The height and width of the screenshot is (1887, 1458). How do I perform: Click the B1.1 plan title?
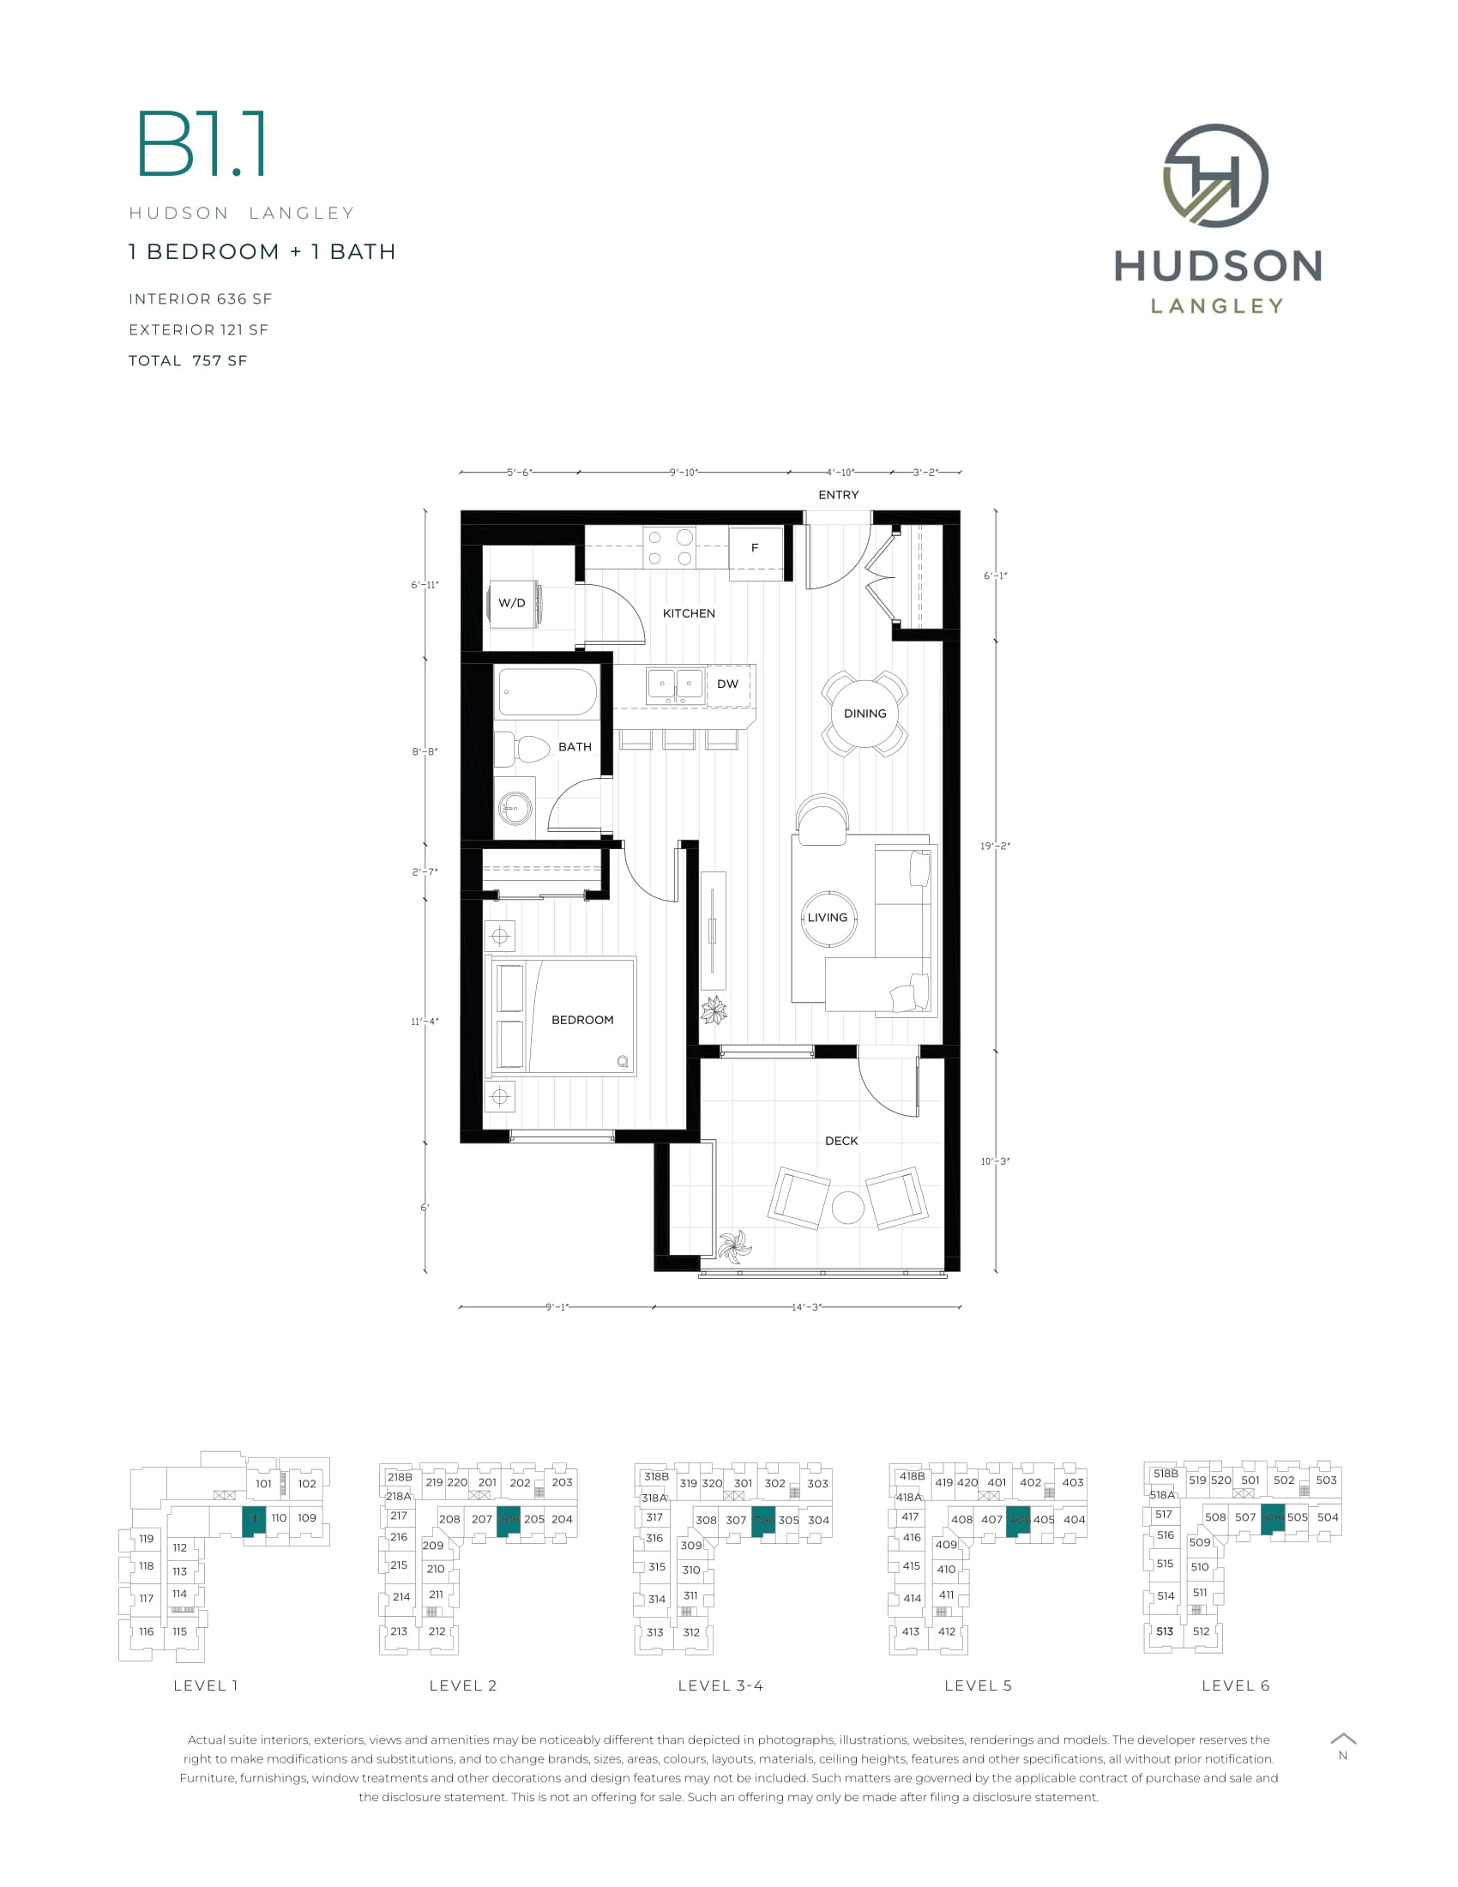pyautogui.click(x=202, y=144)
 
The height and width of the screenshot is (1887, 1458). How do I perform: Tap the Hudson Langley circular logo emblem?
pyautogui.click(x=1215, y=175)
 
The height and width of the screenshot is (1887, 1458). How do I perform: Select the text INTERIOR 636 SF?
pyautogui.click(x=201, y=299)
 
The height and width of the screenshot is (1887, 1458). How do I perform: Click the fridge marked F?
pyautogui.click(x=756, y=548)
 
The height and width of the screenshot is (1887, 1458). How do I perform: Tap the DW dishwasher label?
pyautogui.click(x=728, y=684)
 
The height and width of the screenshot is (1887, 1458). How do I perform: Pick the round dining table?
pyautogui.click(x=865, y=714)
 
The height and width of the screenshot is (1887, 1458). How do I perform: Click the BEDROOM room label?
pyautogui.click(x=582, y=1020)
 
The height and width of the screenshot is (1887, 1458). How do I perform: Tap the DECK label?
pyautogui.click(x=841, y=1141)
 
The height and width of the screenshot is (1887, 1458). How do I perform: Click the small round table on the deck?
pyautogui.click(x=847, y=1207)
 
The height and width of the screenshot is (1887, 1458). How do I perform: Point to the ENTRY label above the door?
pyautogui.click(x=839, y=495)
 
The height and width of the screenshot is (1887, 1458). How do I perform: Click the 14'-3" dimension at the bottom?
pyautogui.click(x=805, y=1307)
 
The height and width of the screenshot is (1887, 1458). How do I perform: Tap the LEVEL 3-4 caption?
pyautogui.click(x=720, y=1685)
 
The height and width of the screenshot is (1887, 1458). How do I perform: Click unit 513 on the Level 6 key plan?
pyautogui.click(x=1165, y=1631)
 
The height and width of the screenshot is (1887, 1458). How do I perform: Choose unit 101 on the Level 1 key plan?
pyautogui.click(x=263, y=1484)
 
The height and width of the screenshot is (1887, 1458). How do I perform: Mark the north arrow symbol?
pyautogui.click(x=1343, y=1739)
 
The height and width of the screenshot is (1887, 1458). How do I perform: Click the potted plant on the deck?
pyautogui.click(x=735, y=1246)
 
